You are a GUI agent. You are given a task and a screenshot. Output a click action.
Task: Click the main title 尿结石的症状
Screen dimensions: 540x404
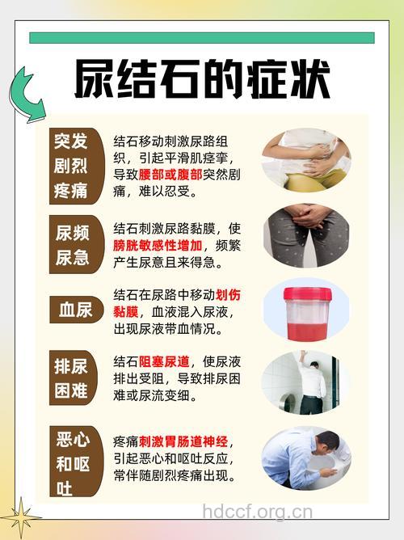click(202, 78)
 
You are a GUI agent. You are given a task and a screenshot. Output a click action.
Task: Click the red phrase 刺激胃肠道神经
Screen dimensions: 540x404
click(183, 441)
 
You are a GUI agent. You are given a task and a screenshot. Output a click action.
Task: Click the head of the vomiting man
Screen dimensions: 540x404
click(326, 444)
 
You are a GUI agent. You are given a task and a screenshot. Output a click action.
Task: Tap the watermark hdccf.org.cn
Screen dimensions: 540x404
click(257, 512)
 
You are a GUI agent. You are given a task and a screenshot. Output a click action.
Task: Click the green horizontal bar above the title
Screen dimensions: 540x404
click(202, 38)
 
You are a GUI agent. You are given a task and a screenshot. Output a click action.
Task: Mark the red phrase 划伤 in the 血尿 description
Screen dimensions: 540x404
click(228, 295)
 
